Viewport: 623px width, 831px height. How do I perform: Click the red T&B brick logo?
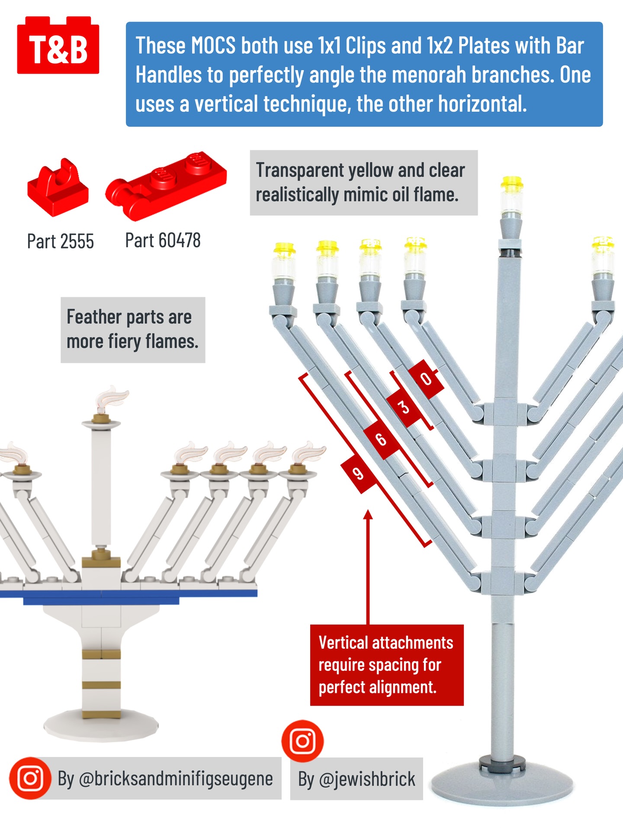tap(58, 47)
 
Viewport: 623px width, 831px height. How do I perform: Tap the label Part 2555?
tap(60, 242)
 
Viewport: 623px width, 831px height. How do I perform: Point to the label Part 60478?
tap(163, 241)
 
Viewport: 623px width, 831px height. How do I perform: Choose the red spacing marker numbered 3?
tap(403, 407)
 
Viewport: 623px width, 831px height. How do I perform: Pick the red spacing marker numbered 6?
tap(381, 439)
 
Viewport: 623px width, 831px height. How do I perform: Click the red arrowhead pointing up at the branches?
tap(368, 515)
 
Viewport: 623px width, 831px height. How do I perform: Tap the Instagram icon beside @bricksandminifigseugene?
tap(30, 778)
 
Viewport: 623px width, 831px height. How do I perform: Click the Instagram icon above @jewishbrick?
tap(302, 741)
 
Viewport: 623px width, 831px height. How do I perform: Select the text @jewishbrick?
tap(367, 779)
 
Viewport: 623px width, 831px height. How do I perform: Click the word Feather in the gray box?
tap(93, 317)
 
